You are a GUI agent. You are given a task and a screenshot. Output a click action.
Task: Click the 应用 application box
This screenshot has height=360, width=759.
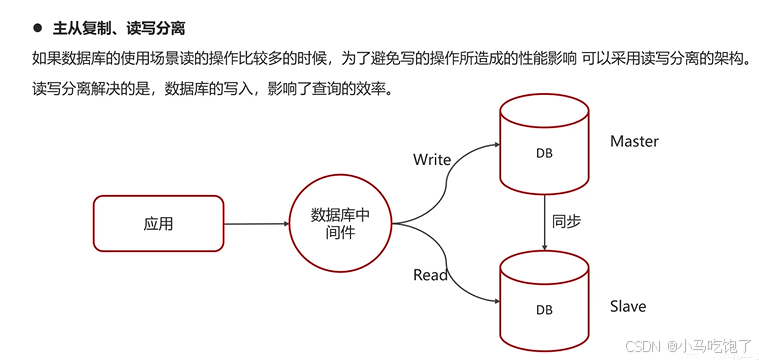click(x=158, y=223)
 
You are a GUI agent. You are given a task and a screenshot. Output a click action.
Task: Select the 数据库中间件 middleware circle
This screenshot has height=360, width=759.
click(x=340, y=224)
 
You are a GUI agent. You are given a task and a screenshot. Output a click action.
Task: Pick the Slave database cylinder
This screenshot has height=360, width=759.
click(x=542, y=300)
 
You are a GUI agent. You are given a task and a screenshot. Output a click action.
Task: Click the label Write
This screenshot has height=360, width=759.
click(x=432, y=160)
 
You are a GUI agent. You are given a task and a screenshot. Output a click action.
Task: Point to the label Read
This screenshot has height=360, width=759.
click(x=430, y=275)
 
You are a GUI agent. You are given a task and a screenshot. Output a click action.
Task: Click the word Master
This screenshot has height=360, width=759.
click(x=634, y=142)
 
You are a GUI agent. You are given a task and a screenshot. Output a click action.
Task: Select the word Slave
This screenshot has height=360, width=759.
click(x=628, y=306)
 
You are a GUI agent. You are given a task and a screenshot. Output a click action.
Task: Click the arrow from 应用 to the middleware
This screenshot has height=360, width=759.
click(x=254, y=223)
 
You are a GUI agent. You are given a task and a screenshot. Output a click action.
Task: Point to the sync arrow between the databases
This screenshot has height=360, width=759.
click(x=542, y=222)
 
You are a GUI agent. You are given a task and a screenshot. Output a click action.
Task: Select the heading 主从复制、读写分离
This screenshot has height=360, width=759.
click(x=118, y=28)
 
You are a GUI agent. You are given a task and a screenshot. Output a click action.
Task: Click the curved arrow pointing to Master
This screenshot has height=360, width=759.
click(x=450, y=180)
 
